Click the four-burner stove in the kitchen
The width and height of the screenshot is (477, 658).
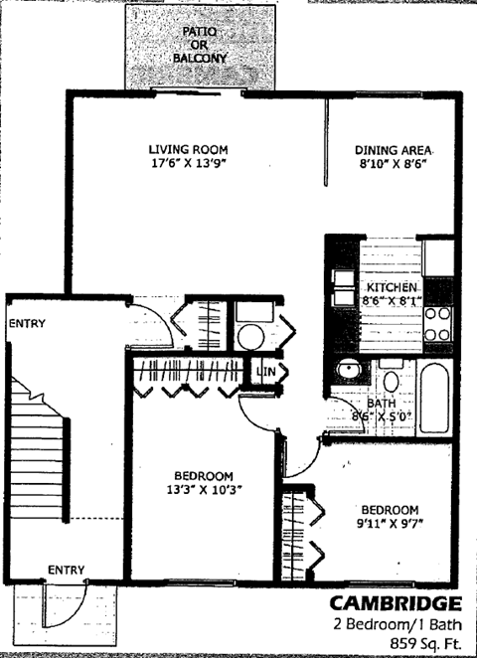pos(438,321)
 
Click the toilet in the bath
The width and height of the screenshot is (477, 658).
pos(390,382)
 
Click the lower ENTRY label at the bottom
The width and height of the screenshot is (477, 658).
pos(67,569)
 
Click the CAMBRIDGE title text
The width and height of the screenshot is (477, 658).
pos(395,602)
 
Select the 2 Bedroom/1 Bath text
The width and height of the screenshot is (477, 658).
pos(397,624)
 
